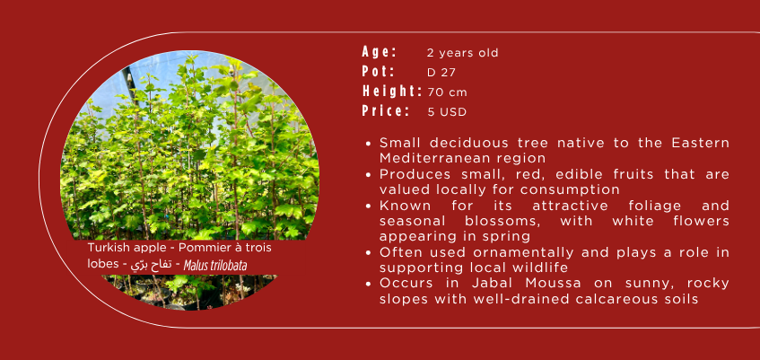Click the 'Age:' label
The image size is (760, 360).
click(379, 51)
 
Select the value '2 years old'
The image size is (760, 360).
click(462, 53)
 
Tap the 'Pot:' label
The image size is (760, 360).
click(378, 71)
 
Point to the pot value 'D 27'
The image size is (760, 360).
click(441, 73)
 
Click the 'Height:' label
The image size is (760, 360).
click(392, 92)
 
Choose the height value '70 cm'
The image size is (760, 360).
click(448, 92)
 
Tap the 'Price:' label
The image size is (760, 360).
click(386, 111)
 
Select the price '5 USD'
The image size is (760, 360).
click(447, 112)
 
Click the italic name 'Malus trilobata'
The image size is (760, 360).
click(215, 266)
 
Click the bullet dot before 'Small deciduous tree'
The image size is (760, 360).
click(370, 144)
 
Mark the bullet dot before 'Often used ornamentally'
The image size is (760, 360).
click(370, 253)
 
